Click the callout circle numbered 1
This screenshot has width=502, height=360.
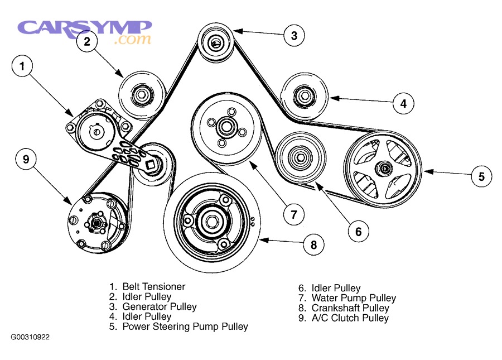(22, 67)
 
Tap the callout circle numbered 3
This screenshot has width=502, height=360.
(294, 36)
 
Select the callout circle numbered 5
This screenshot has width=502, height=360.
(481, 177)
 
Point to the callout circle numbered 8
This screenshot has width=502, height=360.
(313, 244)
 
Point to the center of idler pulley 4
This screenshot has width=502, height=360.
(304, 96)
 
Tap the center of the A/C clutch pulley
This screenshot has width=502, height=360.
(96, 224)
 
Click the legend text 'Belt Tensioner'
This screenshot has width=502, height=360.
(153, 286)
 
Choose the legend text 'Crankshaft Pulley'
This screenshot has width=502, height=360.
(350, 308)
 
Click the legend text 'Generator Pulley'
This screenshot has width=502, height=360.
(160, 306)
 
